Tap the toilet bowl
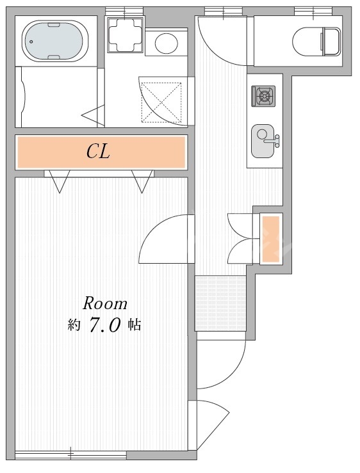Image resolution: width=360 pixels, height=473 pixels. (308, 42)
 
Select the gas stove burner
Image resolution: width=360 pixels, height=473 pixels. (264, 96)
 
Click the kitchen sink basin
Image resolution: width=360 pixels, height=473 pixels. (263, 141)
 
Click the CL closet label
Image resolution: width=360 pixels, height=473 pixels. (98, 151)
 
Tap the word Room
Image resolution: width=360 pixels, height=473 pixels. (105, 303)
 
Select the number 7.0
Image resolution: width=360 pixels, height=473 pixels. (105, 325)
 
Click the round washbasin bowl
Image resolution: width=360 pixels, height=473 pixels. (167, 42)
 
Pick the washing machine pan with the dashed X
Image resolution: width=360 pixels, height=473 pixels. (161, 102)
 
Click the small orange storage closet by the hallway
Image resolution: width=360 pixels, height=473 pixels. (270, 239)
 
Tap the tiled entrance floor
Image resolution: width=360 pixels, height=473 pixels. (220, 303)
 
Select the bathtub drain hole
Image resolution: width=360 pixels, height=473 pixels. (31, 42)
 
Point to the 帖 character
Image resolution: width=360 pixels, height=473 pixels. (134, 325)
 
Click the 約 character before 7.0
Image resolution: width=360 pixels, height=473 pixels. (74, 325)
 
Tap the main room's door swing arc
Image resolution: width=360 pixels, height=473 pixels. (152, 228)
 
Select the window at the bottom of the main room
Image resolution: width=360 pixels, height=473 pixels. (70, 456)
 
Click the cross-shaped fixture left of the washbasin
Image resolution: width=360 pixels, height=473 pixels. (125, 34)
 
